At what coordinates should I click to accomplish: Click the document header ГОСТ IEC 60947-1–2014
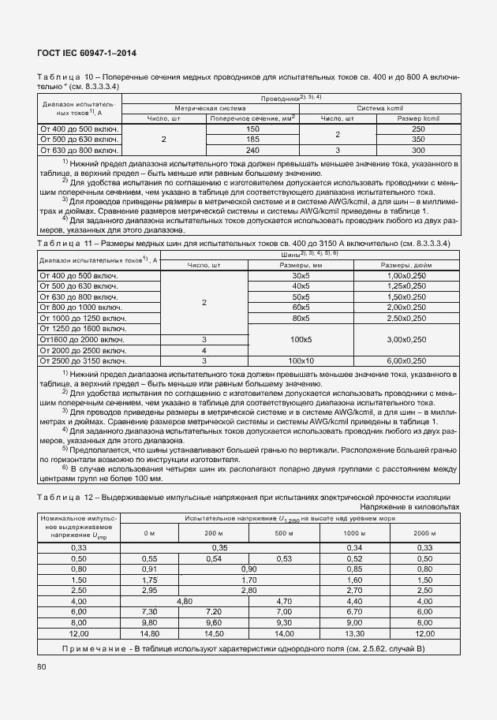(87, 53)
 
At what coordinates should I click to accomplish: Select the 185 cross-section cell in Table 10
(252, 139)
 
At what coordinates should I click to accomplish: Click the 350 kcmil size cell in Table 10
(418, 139)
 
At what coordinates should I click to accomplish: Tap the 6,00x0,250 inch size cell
(406, 360)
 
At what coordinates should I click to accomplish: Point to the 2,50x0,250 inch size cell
(406, 318)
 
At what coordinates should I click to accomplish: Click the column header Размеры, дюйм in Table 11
(406, 266)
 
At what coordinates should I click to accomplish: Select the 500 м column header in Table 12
(284, 534)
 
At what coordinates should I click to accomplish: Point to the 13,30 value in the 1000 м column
(354, 633)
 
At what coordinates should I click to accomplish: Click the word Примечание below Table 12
(95, 647)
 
